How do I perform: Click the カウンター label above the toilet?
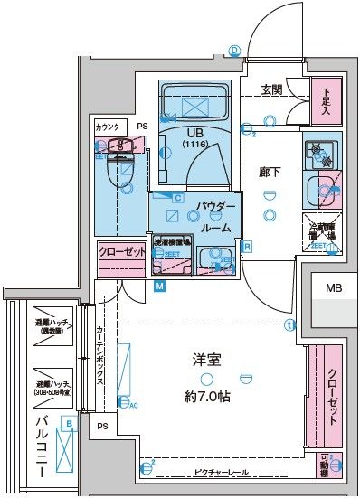110,127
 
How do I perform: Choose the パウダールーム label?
216,218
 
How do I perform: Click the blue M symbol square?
159,287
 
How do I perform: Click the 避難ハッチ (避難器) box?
53,327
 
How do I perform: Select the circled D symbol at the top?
233,51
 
